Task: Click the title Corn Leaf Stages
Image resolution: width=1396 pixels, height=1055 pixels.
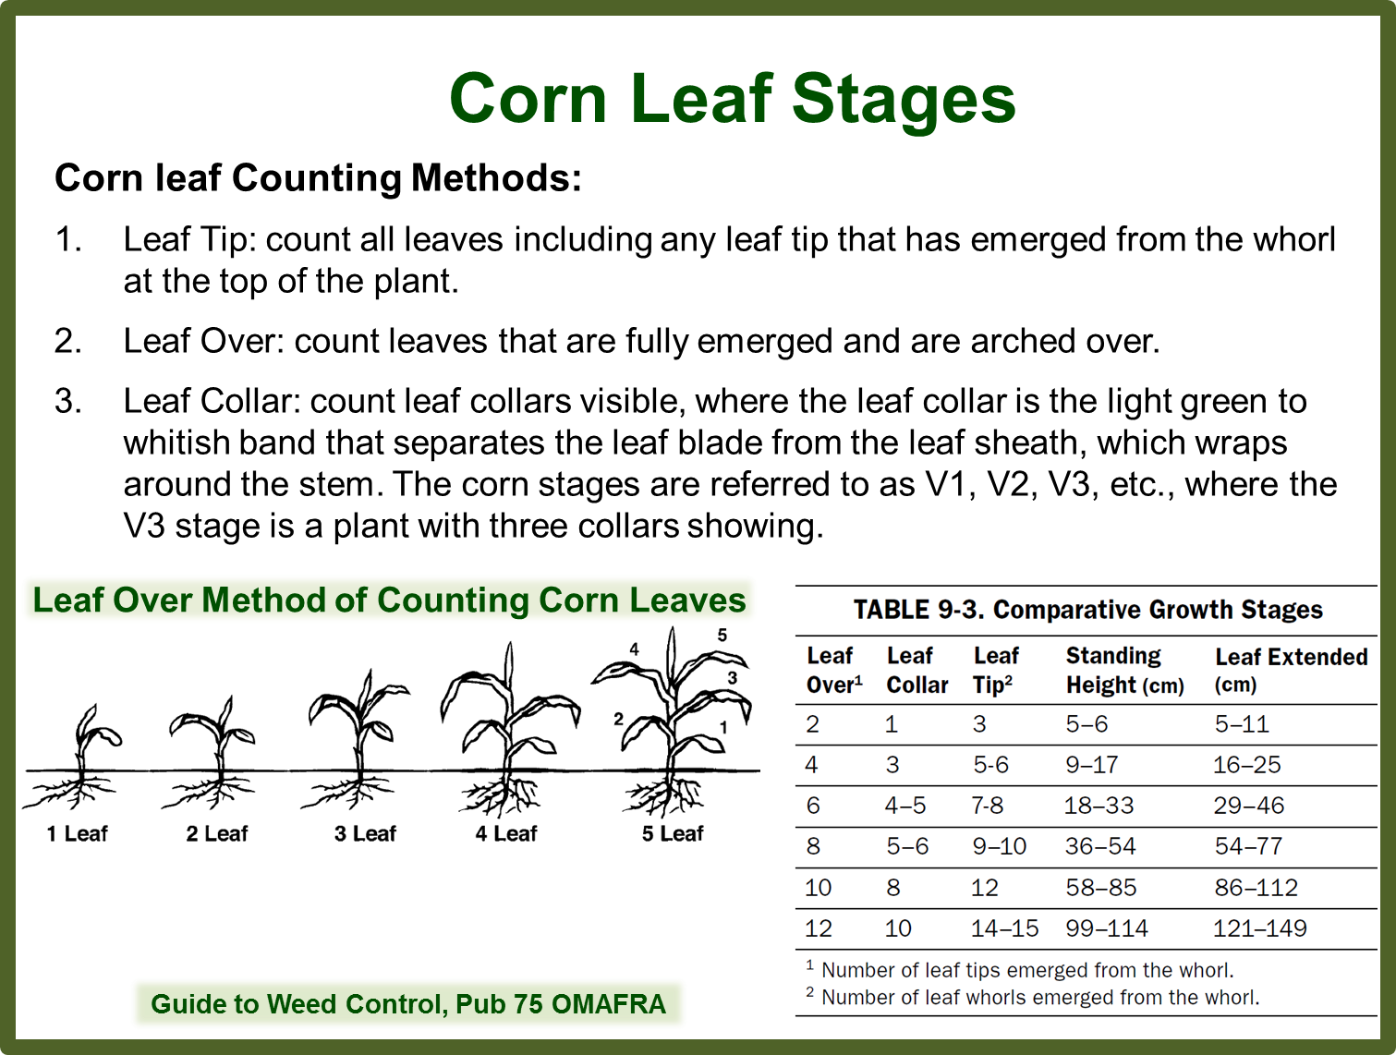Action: [x=732, y=99]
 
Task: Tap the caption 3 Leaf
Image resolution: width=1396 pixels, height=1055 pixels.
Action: [x=365, y=833]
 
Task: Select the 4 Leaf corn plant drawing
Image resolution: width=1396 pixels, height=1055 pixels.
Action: [x=508, y=730]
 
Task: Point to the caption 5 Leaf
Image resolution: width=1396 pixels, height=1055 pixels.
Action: [x=673, y=833]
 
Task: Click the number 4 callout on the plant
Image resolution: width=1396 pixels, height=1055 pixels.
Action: [x=634, y=649]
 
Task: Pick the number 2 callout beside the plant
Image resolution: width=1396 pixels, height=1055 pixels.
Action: [x=618, y=719]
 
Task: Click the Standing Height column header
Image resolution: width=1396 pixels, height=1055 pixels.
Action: [x=1124, y=670]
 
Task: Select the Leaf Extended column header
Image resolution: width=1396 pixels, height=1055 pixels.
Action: [x=1291, y=670]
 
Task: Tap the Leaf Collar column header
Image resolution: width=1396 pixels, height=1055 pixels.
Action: [x=917, y=670]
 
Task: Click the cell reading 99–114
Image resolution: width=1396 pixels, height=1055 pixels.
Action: [x=1107, y=928]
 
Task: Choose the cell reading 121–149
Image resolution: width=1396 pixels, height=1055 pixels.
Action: [x=1259, y=928]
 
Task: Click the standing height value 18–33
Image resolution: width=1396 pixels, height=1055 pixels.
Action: [x=1099, y=806]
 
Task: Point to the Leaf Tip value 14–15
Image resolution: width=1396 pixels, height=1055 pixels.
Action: [x=1004, y=928]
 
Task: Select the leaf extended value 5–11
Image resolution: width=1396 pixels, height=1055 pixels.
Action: [x=1242, y=724]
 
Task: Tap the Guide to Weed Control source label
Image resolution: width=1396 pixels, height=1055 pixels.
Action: [x=408, y=1003]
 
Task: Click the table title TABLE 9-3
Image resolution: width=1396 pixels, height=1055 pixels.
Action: [x=1087, y=610]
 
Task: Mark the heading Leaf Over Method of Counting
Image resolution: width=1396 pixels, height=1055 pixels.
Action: [x=389, y=600]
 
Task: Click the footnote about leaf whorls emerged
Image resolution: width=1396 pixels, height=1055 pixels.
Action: [x=1039, y=998]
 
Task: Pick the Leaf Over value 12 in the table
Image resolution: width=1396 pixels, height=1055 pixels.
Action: [x=818, y=928]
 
